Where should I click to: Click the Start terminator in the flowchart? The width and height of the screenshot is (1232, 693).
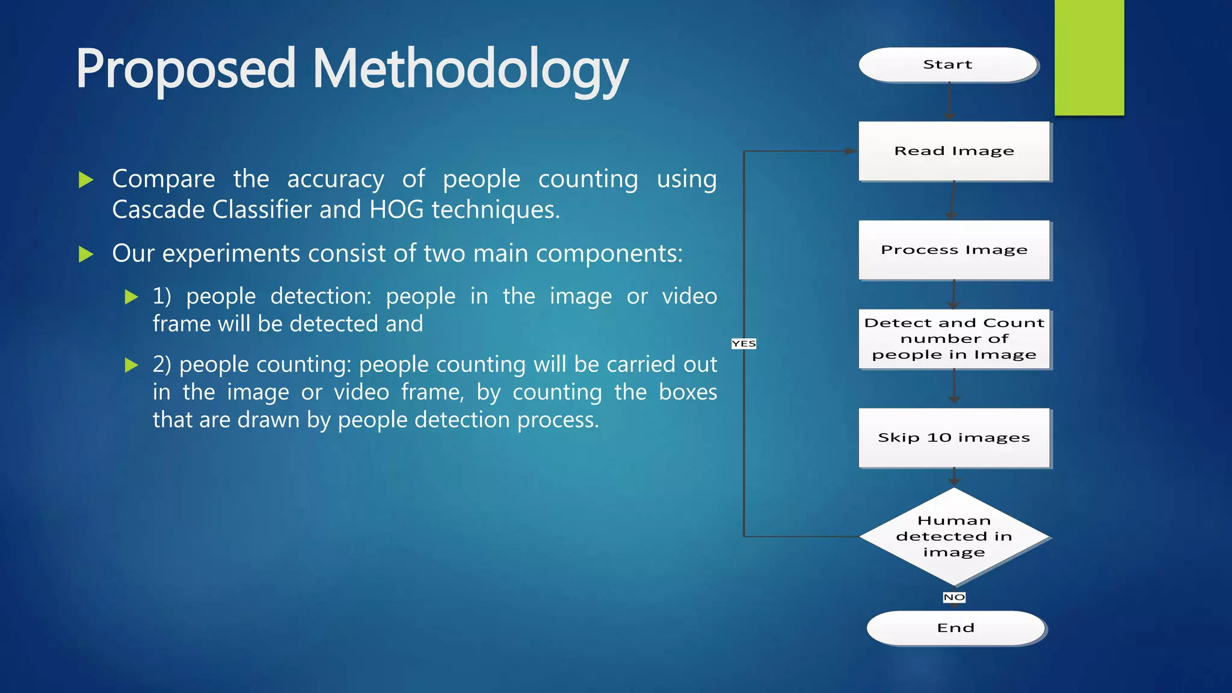click(947, 64)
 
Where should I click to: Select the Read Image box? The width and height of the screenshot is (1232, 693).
click(953, 151)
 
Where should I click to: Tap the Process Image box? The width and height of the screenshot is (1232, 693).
click(953, 250)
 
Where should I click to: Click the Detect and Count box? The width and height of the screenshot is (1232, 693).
click(953, 339)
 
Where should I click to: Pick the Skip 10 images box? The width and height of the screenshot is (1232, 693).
click(953, 437)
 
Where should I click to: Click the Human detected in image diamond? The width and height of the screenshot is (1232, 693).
click(953, 536)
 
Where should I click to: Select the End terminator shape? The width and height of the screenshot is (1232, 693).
click(955, 628)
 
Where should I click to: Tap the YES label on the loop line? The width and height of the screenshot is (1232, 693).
click(744, 343)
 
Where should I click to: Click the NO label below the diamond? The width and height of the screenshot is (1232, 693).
click(954, 597)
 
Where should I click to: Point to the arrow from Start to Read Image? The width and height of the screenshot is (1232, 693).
click(949, 101)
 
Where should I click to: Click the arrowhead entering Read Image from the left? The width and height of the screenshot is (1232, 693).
click(851, 151)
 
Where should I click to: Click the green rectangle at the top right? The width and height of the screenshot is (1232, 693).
click(1089, 57)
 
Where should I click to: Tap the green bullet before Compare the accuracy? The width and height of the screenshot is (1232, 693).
click(86, 179)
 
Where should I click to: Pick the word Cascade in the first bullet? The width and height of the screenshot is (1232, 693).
click(159, 210)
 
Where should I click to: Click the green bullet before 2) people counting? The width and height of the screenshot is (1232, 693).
click(131, 365)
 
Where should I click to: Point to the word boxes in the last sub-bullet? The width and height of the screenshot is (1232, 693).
click(688, 392)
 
